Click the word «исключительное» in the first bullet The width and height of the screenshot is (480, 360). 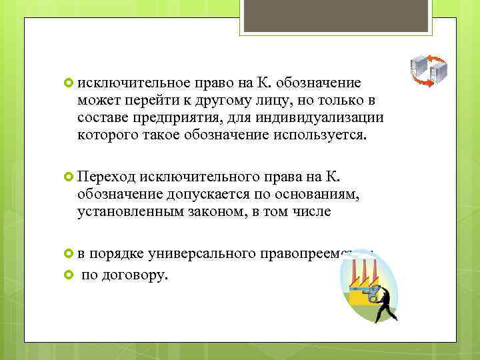[133, 83]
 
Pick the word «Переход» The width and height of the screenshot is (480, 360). [107, 176]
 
